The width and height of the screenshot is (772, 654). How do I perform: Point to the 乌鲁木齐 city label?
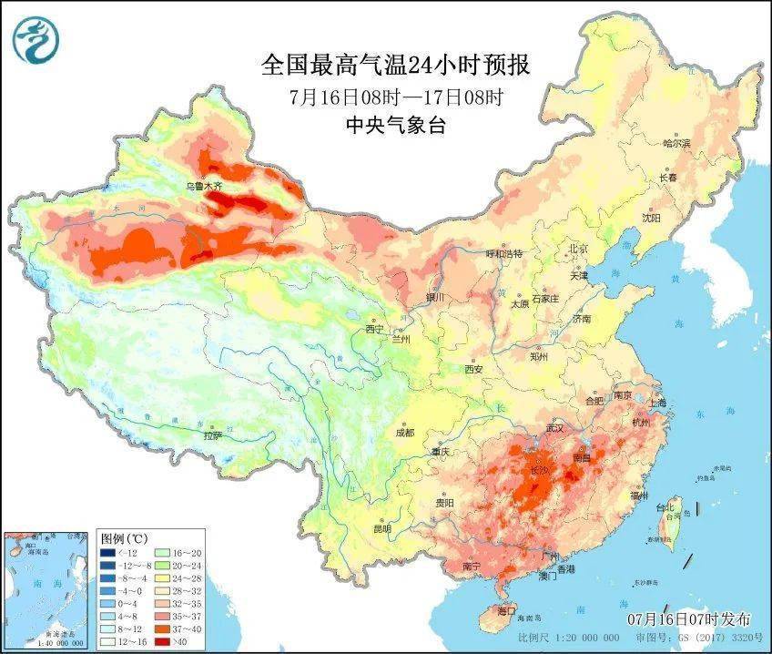click(x=204, y=185)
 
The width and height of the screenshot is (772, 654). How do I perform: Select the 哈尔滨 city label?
click(x=677, y=143)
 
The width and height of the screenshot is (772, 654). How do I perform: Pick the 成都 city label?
click(x=404, y=432)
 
